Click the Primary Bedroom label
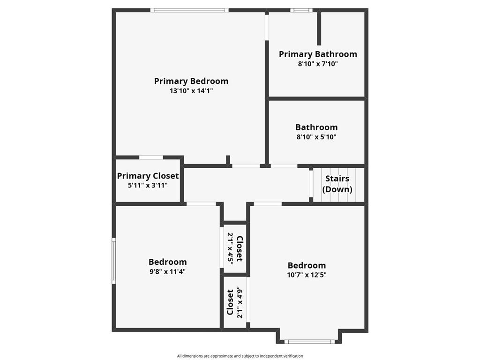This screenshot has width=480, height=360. (x=191, y=81)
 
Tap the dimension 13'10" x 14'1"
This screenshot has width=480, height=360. (x=191, y=91)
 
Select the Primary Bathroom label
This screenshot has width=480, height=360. (x=318, y=54)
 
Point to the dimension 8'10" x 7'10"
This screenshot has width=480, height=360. (x=318, y=64)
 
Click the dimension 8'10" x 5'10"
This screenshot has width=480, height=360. (x=316, y=137)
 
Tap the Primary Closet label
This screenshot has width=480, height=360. (x=148, y=176)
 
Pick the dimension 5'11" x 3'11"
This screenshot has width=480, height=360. (x=148, y=185)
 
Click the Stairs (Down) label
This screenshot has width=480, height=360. (x=337, y=184)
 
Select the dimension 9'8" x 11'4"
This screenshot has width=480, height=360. (x=167, y=271)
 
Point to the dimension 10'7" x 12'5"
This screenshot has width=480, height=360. (x=307, y=275)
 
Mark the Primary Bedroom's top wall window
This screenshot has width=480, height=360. (x=189, y=10)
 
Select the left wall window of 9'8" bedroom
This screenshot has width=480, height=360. (x=113, y=261)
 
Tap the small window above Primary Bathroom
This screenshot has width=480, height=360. (x=301, y=10)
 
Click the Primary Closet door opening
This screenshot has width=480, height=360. (x=151, y=157)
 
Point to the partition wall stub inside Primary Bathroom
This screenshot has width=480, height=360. (x=319, y=29)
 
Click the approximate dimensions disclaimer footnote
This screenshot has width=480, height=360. (x=240, y=356)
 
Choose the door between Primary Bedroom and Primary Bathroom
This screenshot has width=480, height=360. (x=267, y=27)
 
